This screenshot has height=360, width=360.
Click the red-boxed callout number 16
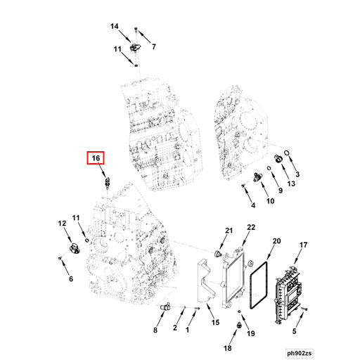(x=96, y=160)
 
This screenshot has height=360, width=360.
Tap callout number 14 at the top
(x=115, y=27)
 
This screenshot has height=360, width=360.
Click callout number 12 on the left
(x=62, y=224)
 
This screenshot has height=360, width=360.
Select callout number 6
(x=70, y=279)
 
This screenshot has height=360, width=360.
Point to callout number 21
(x=229, y=231)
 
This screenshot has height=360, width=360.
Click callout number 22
(x=251, y=227)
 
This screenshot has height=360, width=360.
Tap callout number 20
(x=276, y=241)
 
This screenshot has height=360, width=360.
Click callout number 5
(x=295, y=330)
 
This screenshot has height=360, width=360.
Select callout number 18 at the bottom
(x=227, y=347)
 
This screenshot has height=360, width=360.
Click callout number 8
(x=155, y=330)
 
